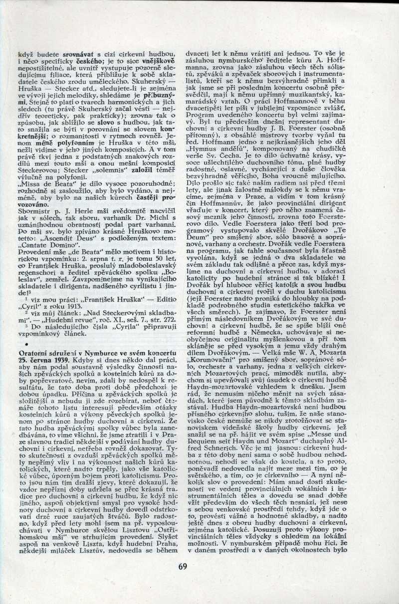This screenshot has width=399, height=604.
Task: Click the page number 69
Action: point(182,565)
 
